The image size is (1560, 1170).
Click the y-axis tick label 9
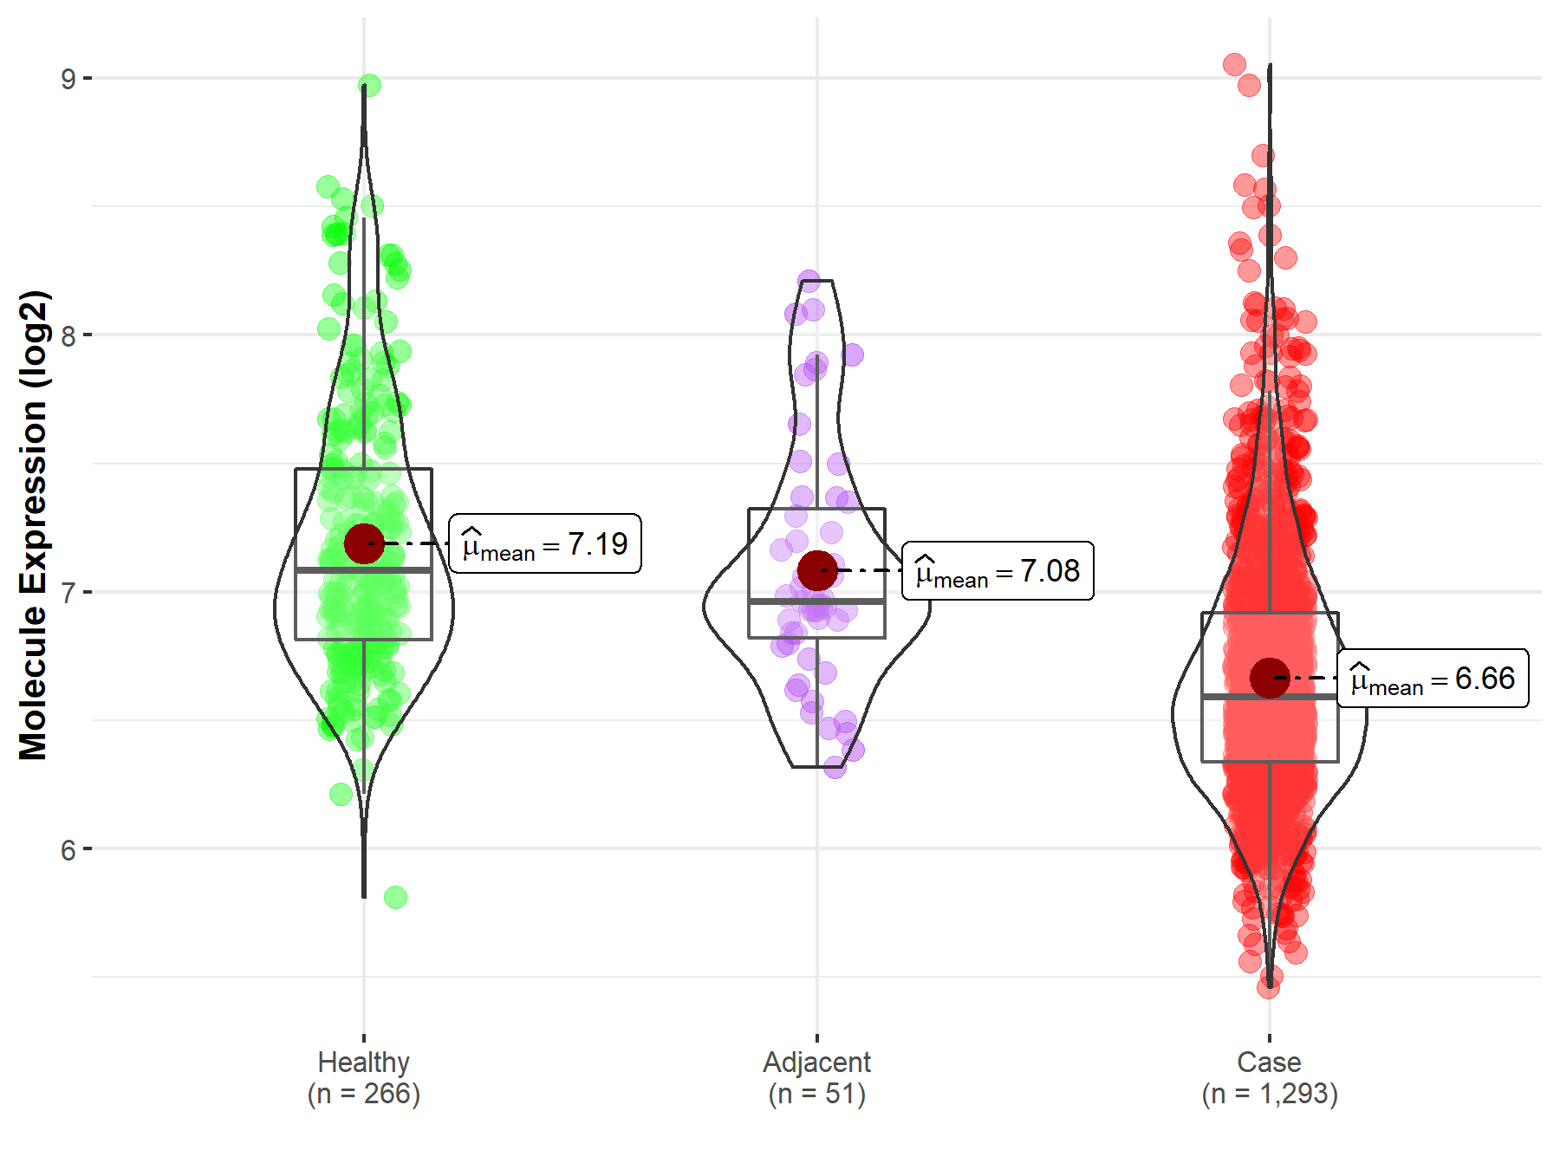[x=68, y=79]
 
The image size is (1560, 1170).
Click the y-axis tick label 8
[x=68, y=335]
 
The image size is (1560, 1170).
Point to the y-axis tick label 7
[x=68, y=593]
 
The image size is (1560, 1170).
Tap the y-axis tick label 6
[x=68, y=849]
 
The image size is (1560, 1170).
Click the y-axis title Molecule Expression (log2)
[x=33, y=525]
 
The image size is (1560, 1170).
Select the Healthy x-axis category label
[x=363, y=1062]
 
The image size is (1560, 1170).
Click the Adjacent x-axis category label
[x=816, y=1062]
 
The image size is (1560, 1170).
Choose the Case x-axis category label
[x=1269, y=1062]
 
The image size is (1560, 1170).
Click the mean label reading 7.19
[x=545, y=544]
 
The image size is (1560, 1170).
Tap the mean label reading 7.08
[x=998, y=571]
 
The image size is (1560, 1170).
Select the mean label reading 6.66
[x=1433, y=679]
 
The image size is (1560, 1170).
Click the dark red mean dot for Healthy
[x=364, y=543]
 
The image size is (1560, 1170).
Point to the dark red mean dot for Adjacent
[x=817, y=570]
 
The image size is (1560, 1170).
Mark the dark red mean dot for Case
[x=1270, y=678]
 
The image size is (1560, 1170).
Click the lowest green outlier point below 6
[x=395, y=897]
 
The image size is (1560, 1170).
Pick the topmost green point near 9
[x=369, y=85]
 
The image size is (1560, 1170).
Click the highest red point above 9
[x=1234, y=64]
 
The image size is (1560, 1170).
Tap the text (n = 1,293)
[x=1270, y=1094]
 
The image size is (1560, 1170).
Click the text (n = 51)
[x=816, y=1094]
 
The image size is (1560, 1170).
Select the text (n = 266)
[x=363, y=1094]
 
